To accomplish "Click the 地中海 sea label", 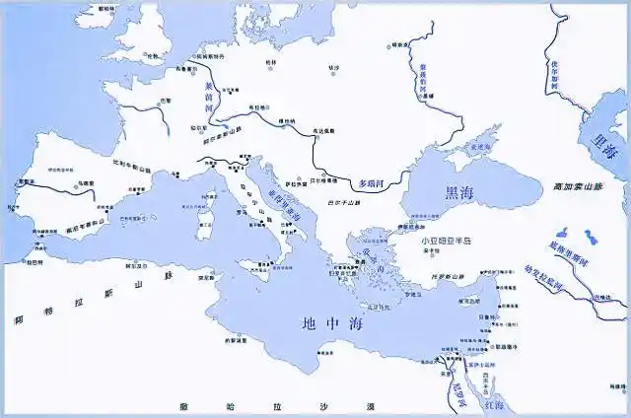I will (324, 321).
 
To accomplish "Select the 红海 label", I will (493, 405).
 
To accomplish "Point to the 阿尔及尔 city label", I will (138, 265).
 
